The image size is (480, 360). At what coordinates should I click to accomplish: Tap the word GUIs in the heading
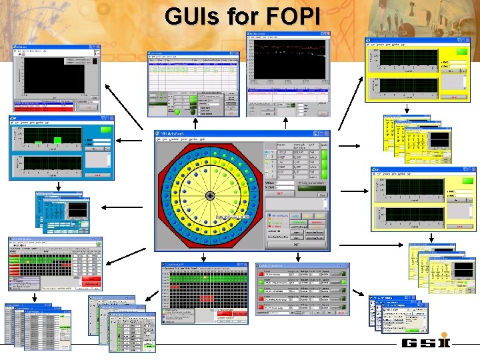click(193, 15)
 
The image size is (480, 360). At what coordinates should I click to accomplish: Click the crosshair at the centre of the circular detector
click(210, 195)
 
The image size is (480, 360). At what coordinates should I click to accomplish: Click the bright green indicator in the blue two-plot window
click(105, 129)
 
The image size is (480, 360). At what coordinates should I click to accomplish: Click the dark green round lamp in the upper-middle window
click(194, 111)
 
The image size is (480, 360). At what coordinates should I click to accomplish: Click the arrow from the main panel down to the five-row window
click(297, 256)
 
